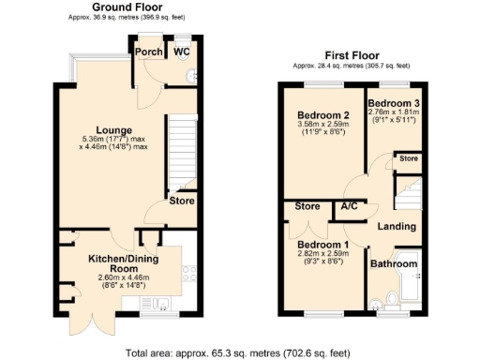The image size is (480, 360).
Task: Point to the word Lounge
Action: click(112, 129)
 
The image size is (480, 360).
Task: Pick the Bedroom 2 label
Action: click(316, 114)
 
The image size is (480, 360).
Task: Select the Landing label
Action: click(397, 227)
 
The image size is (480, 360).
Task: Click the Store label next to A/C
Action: click(307, 206)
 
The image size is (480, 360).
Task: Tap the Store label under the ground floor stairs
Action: click(181, 200)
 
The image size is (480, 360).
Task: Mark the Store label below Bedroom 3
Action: click(409, 159)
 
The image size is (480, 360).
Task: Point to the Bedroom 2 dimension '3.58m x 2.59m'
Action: click(316, 125)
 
